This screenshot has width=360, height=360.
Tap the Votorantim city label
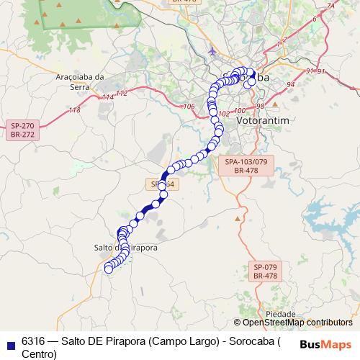point(262,120)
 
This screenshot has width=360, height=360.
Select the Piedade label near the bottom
point(280,315)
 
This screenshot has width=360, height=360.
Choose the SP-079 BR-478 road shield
point(265,271)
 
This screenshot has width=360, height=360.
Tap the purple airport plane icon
point(212,51)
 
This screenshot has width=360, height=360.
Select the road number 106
point(189,107)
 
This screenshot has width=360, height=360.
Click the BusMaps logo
point(325,343)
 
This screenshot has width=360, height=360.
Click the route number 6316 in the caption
point(33,340)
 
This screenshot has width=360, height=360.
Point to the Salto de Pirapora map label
point(126,247)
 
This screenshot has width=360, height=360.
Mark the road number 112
point(121,94)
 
